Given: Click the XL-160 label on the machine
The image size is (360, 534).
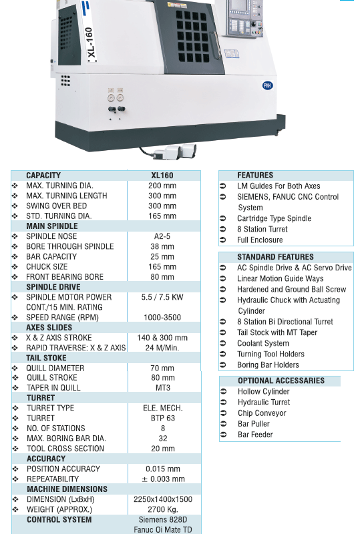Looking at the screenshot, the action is (89, 43).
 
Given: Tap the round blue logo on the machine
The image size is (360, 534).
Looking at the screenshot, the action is (267, 85).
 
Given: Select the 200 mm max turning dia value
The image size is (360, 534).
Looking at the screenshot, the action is (162, 186).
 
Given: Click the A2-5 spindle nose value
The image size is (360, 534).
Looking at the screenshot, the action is (162, 236).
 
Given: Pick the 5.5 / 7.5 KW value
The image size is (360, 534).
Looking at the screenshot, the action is (162, 297).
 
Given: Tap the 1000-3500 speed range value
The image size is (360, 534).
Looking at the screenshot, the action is (162, 318).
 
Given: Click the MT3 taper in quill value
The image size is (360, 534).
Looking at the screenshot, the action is (163, 388).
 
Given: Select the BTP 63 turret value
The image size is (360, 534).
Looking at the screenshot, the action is (163, 419).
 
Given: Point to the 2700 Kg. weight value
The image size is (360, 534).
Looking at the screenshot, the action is (163, 509).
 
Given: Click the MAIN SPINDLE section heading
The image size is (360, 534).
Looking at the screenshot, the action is (52, 226).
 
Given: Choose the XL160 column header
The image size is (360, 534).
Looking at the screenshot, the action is (162, 176).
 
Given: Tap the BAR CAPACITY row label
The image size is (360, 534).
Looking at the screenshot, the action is (51, 256).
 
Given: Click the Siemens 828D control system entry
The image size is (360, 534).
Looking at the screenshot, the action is (163, 520).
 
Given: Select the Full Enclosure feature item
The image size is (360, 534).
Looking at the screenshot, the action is (260, 240).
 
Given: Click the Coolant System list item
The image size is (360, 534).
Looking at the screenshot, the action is (263, 343).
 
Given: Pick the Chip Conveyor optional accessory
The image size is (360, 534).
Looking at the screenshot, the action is (262, 413).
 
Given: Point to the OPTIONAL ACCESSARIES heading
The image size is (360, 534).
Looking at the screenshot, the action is (281, 380).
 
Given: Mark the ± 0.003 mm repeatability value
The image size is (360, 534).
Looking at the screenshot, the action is (163, 479).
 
